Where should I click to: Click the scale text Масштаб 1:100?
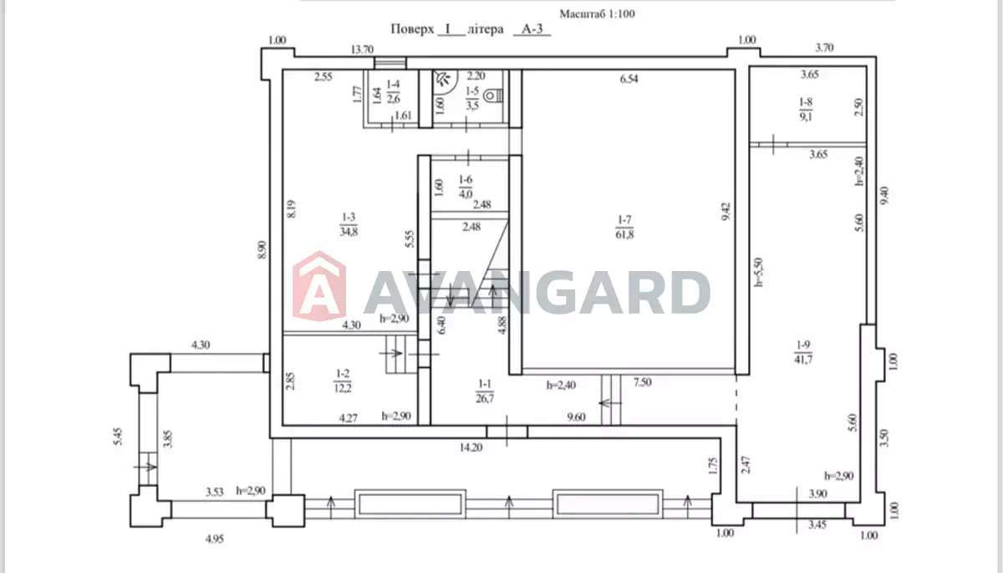click(x=597, y=14)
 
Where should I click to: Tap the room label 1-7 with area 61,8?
click(x=624, y=228)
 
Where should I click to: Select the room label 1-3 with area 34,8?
click(x=349, y=224)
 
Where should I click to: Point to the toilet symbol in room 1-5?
click(x=493, y=96)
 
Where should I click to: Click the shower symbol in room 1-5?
click(x=443, y=79)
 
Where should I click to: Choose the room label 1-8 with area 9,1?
click(x=806, y=110)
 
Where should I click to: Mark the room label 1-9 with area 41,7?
click(x=803, y=352)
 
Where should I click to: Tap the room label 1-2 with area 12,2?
click(x=342, y=381)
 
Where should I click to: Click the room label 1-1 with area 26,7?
click(x=485, y=391)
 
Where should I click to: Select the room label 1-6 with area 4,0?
click(x=466, y=187)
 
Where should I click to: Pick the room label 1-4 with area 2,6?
click(x=393, y=91)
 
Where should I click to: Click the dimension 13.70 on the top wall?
click(x=362, y=49)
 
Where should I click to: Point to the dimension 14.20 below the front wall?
click(x=471, y=448)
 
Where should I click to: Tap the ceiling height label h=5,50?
click(x=759, y=272)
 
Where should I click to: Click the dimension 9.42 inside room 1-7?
click(x=726, y=212)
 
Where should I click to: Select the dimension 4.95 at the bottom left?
click(x=215, y=539)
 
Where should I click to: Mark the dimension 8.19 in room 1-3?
click(x=291, y=209)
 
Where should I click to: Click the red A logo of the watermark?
click(x=319, y=286)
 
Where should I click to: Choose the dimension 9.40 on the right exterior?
click(x=884, y=196)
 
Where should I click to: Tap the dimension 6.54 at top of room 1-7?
click(x=629, y=79)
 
